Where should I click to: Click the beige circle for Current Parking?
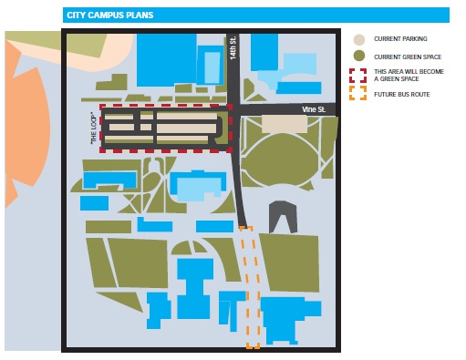pyautogui.click(x=359, y=40)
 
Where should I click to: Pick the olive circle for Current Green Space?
pyautogui.click(x=359, y=57)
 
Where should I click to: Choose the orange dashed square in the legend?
pyautogui.click(x=359, y=93)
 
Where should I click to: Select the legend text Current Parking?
pyautogui.click(x=400, y=40)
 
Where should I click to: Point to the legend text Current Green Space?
pyautogui.click(x=407, y=57)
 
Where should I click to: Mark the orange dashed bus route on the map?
pyautogui.click(x=251, y=292)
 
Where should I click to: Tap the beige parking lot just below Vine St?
pyautogui.click(x=285, y=124)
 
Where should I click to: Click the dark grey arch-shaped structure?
pyautogui.click(x=283, y=215)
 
